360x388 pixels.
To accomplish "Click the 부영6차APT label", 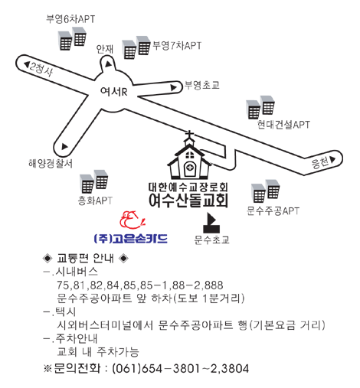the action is [70, 19].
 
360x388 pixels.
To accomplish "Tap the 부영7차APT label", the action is [177, 46].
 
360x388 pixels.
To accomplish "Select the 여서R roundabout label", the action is [114, 91].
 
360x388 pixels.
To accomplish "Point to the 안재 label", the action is [105, 49].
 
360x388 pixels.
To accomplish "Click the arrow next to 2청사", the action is [27, 64].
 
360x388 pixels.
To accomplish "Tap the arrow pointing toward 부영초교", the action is [174, 88].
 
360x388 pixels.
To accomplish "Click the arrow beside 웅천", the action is [332, 159].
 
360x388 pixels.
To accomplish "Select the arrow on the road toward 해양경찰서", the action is [64, 147].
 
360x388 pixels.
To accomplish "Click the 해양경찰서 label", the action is [51, 163].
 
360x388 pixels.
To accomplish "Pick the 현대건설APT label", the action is [283, 125].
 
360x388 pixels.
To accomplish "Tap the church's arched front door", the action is [189, 168].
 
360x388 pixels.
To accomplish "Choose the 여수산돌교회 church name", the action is [188, 201].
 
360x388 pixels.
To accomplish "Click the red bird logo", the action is [132, 220].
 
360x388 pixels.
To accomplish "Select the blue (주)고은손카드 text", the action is [131, 239].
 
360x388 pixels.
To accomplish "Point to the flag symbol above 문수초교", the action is [211, 223].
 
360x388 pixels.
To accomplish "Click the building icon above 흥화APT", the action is [94, 181].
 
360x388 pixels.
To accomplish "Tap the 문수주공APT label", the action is [273, 211].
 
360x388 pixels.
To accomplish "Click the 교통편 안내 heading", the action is [85, 259].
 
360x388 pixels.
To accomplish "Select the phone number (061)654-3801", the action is [156, 369].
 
